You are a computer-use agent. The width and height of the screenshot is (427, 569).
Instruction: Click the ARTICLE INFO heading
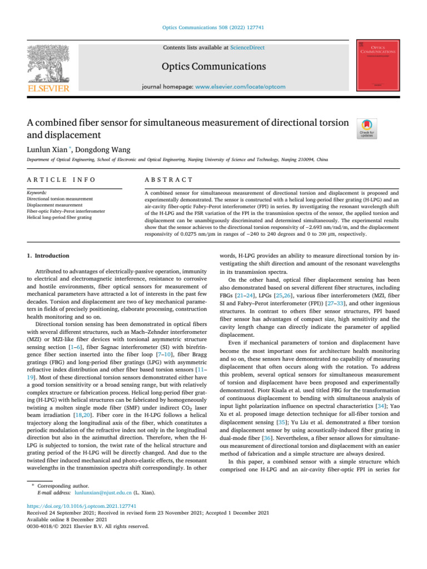(61, 179)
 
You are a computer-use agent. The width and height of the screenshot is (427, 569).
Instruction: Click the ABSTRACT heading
(168, 179)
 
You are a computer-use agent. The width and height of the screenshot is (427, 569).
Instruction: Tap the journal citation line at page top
(213, 27)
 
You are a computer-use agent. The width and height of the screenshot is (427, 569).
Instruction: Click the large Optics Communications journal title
(213, 67)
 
